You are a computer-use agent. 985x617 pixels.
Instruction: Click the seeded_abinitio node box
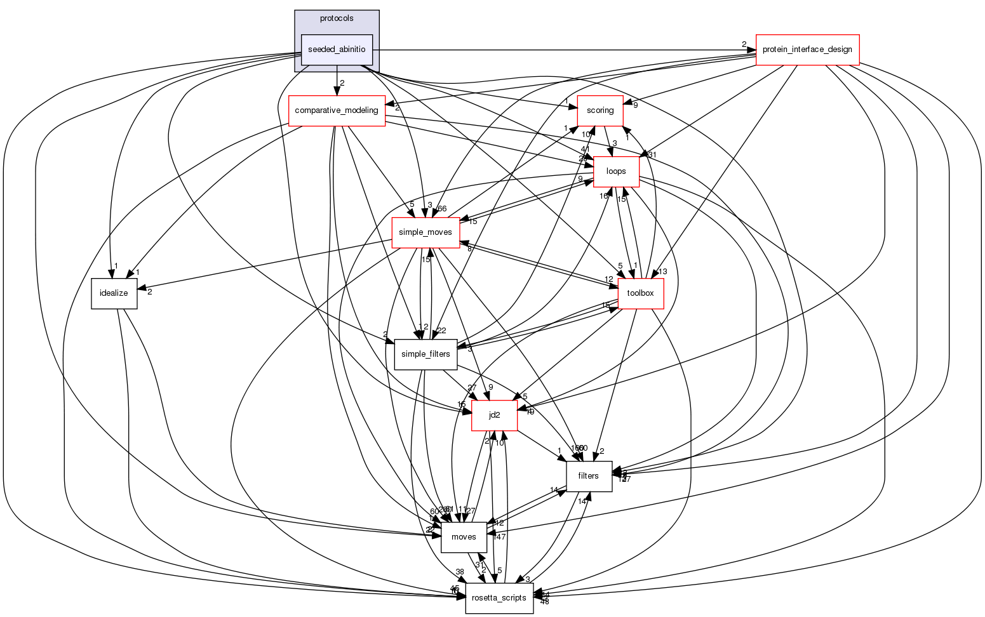[336, 50]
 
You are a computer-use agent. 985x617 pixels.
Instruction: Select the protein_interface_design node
[807, 49]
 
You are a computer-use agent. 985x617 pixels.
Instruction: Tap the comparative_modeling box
[337, 110]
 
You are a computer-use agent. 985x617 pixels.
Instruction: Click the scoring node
[600, 110]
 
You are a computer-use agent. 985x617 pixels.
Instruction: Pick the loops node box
[616, 171]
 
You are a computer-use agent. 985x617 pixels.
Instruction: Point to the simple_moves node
[425, 232]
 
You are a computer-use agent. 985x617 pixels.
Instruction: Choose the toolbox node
[640, 293]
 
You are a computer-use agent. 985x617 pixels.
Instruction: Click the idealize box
[114, 293]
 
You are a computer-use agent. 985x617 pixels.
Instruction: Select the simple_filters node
[425, 354]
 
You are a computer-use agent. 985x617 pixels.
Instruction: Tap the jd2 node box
[494, 415]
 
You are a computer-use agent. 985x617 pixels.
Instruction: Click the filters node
[589, 475]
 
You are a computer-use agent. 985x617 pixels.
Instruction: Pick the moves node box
[464, 537]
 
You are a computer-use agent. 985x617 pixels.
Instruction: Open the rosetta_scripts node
[499, 598]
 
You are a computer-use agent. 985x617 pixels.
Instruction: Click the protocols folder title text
[337, 18]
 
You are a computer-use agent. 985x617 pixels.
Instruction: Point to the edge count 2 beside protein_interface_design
[744, 44]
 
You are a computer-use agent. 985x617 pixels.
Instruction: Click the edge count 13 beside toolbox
[663, 272]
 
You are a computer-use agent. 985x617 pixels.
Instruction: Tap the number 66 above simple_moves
[442, 209]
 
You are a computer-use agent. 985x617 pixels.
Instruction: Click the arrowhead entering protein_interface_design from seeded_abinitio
[751, 50]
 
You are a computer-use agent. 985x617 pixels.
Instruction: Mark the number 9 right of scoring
[634, 105]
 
